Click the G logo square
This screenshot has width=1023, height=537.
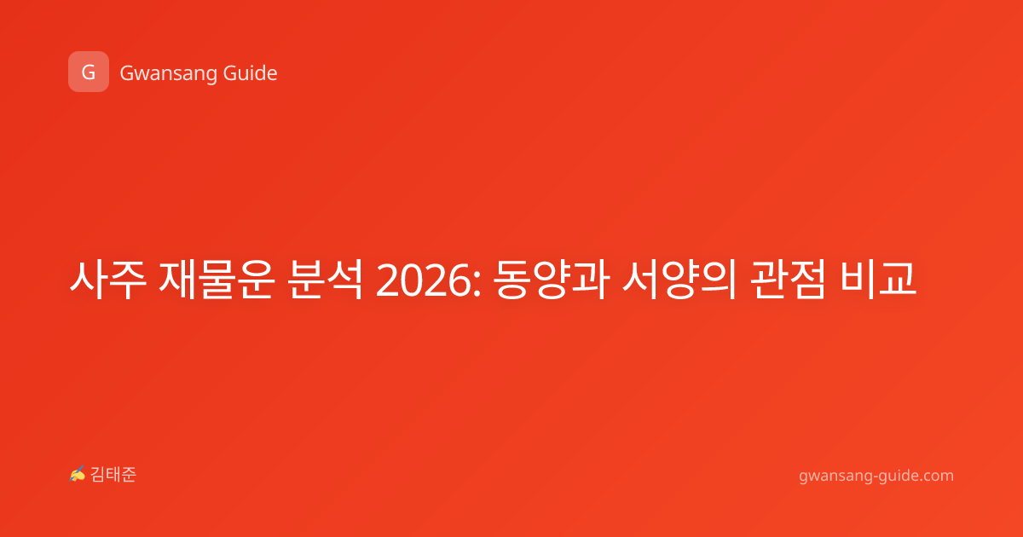point(89,72)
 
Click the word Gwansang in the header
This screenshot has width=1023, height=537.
point(168,74)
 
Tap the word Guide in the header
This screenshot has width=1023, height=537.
point(251,73)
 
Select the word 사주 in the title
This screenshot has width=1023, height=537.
point(108,280)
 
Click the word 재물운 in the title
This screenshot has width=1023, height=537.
point(216,280)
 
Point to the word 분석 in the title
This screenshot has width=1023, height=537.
point(325,280)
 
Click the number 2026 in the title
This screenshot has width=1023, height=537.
point(424,280)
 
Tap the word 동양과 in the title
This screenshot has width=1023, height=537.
point(552,280)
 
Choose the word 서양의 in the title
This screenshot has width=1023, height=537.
point(679,280)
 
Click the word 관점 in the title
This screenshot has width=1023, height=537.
point(789,280)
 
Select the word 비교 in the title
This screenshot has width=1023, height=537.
point(878,280)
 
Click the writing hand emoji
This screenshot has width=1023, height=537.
point(78,474)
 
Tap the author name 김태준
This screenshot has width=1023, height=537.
point(113,475)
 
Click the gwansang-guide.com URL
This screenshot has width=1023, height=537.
point(876,476)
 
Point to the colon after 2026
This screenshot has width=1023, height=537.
point(477,284)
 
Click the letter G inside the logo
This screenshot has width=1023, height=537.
point(89,72)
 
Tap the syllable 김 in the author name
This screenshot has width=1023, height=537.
point(98,475)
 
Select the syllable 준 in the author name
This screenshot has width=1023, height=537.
point(129,475)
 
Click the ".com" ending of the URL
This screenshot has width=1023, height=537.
point(935,476)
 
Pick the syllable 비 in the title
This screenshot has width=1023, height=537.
point(858,280)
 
